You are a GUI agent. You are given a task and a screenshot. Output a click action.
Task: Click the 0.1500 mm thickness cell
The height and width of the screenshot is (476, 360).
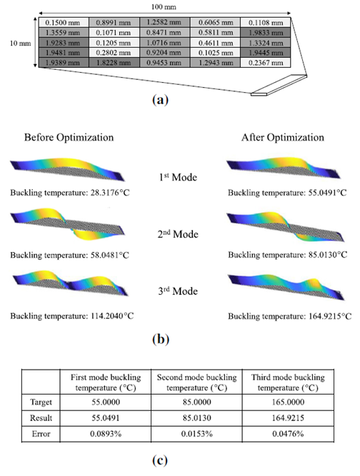(x=64, y=22)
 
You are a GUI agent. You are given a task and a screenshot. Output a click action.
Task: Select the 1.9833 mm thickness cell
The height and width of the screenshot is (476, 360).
(x=266, y=33)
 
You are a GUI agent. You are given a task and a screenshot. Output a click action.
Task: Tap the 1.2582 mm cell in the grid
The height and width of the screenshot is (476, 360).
(x=165, y=22)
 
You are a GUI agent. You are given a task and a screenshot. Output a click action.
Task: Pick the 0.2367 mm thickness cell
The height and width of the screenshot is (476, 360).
(x=266, y=63)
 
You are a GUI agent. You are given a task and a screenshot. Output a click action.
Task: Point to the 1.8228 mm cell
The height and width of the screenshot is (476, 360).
(x=114, y=63)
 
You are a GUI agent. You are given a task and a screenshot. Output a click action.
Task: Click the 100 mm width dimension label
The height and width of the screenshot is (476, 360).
(x=164, y=6)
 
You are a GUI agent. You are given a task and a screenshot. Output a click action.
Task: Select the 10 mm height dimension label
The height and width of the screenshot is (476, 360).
(x=20, y=43)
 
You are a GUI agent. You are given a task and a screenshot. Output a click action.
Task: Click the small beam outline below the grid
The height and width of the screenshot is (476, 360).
(x=279, y=86)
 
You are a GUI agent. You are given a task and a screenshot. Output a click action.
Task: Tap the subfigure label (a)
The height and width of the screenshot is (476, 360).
(x=161, y=100)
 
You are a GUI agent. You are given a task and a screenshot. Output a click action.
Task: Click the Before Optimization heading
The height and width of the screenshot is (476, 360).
(x=69, y=138)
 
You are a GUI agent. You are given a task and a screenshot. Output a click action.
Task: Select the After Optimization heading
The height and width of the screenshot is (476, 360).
(x=283, y=138)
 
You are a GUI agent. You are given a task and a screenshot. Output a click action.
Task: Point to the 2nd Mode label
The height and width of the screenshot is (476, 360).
(x=178, y=234)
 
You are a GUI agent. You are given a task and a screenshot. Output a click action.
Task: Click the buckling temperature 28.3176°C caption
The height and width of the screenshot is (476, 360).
(x=70, y=193)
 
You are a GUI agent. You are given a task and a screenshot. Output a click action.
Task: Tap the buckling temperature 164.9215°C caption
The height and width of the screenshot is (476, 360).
(x=289, y=316)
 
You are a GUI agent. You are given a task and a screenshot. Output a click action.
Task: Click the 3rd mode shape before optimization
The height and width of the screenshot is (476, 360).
(x=71, y=283)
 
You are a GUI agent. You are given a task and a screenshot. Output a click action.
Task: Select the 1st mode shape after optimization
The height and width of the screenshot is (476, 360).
(x=284, y=168)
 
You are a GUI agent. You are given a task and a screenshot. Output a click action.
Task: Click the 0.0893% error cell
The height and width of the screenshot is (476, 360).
(x=106, y=434)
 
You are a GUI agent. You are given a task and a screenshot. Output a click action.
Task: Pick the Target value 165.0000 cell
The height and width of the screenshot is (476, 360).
(x=288, y=402)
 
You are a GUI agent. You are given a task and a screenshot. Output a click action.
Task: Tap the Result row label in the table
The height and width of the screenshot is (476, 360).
(x=41, y=418)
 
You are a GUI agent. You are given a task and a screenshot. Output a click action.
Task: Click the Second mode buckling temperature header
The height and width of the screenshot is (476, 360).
(x=196, y=383)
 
